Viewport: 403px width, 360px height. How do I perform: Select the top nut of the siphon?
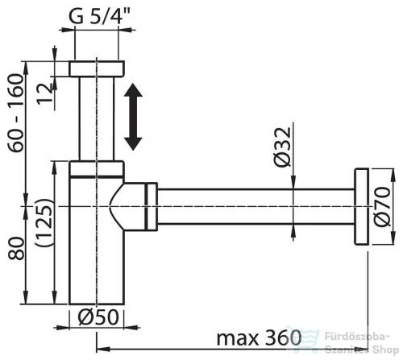(x=97, y=68)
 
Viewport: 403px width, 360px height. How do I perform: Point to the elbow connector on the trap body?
(x=133, y=206)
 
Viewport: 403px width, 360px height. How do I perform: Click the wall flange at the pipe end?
(x=361, y=206)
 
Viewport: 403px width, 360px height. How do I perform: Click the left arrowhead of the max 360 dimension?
(x=102, y=350)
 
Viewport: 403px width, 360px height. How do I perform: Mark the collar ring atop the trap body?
(x=97, y=168)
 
